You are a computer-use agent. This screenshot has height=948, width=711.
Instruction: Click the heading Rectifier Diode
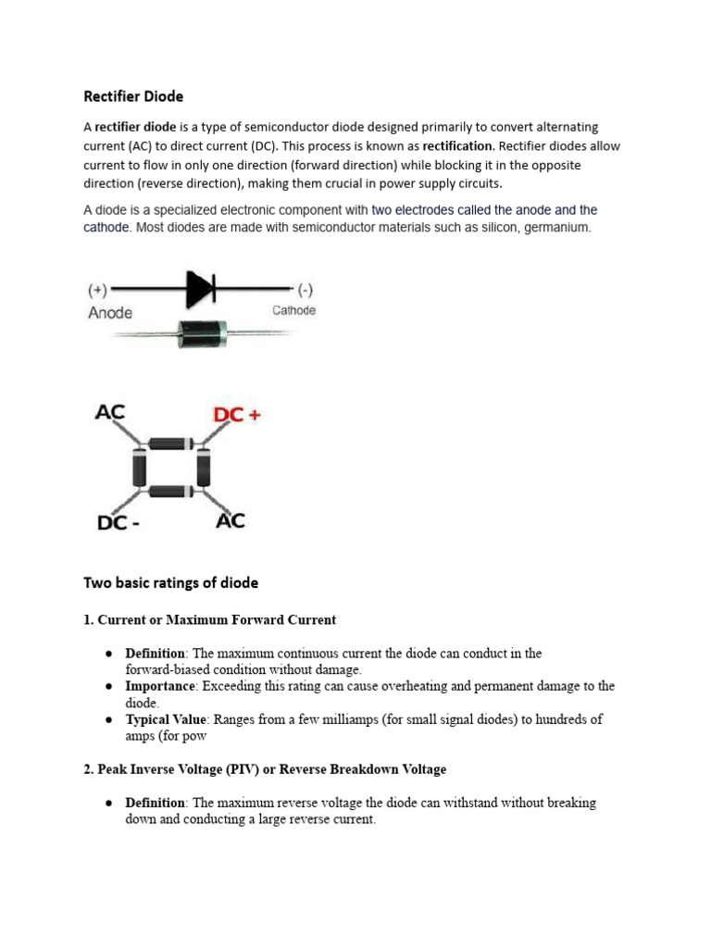tap(133, 95)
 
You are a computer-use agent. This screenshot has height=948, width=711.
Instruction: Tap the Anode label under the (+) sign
tap(110, 313)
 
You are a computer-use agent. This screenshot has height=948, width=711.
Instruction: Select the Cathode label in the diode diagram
tap(293, 311)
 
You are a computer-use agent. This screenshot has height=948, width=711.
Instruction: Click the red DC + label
tap(237, 416)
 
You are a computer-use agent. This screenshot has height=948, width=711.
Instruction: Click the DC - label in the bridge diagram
tap(118, 523)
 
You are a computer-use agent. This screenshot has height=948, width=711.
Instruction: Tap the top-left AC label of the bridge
tap(110, 412)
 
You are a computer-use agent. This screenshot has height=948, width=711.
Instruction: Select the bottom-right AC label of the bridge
tap(231, 520)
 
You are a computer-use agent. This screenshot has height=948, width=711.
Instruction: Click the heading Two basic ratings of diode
tap(171, 583)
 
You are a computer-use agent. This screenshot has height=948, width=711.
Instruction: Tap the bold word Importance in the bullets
tap(161, 686)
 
